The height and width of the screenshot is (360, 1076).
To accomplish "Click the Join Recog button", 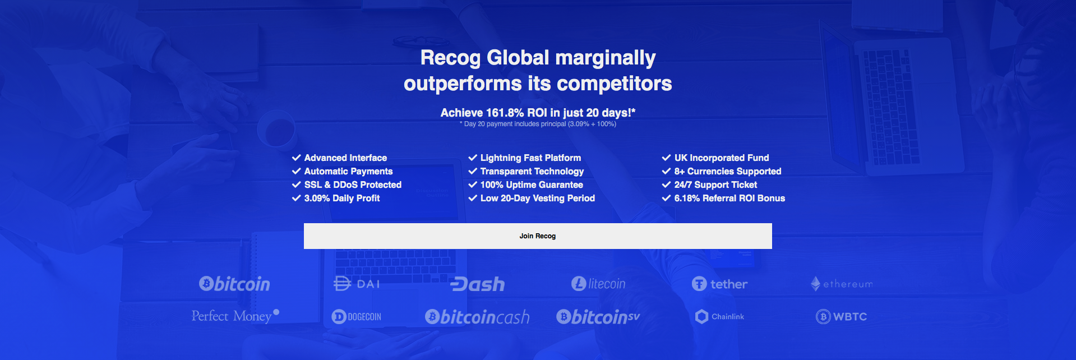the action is coord(538,236).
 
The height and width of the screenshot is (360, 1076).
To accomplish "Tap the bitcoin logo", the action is coord(234,284).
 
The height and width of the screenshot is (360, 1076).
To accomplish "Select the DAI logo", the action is coord(357,284).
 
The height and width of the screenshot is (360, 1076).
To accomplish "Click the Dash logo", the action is coord(478,284).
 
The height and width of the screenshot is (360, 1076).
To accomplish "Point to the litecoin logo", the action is coord(598,284).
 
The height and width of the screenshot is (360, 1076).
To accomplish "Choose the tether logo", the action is coord(719,284).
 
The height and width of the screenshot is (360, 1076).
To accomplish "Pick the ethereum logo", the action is coord(842,284).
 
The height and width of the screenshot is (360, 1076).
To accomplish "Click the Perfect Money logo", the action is coord(235,316).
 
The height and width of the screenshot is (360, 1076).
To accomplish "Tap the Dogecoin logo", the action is coord(357,317).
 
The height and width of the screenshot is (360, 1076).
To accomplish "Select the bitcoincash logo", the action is coord(477,317).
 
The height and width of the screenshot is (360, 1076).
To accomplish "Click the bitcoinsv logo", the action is coord(598,317).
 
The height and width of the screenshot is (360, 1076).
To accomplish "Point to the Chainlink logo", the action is coord(719,317).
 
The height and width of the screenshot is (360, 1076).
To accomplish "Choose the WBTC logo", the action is coord(841,317).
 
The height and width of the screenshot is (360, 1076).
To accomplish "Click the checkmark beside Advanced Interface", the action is coord(297,158).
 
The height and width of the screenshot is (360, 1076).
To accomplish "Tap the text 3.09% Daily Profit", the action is coord(342,199).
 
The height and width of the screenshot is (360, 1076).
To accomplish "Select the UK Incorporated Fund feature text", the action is coord(722,158).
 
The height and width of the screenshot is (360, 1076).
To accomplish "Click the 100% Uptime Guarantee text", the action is coord(532,185).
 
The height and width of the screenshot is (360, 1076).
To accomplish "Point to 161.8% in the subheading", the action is coord(505,113).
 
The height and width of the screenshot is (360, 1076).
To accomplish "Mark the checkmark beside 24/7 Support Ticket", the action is coord(666,184).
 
